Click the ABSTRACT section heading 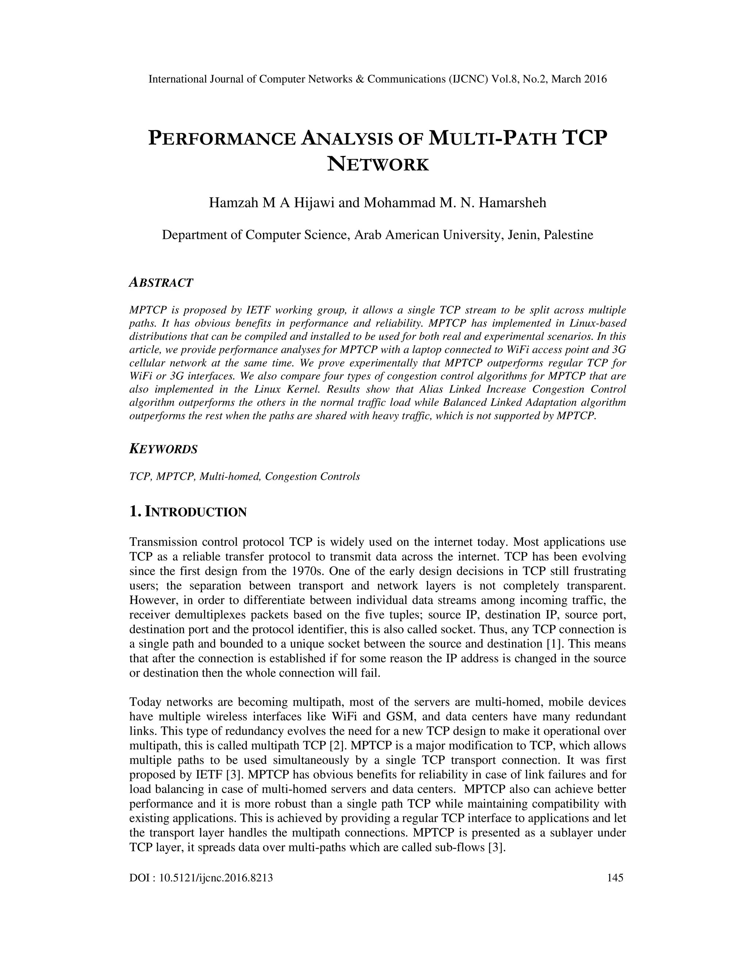coord(161,283)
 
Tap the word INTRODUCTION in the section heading coord(196,512)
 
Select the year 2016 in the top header coord(594,79)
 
